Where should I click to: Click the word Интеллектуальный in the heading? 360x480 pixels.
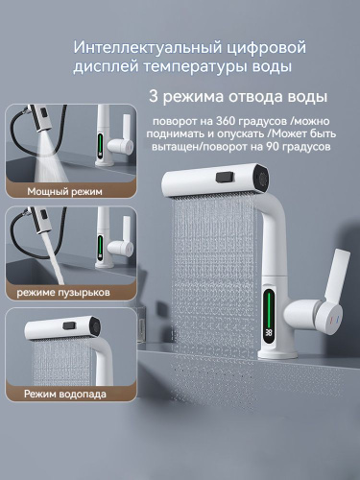[x=148, y=47]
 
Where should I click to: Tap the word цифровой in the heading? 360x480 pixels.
[x=267, y=48]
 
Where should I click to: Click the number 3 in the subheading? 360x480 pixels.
[x=154, y=96]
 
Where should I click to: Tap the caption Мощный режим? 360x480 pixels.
[x=64, y=191]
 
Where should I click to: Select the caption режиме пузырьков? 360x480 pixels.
[x=63, y=292]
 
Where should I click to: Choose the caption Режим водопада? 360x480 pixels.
[x=65, y=394]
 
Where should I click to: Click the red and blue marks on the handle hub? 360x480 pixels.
[x=334, y=321]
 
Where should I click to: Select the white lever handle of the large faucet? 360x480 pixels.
[x=336, y=276]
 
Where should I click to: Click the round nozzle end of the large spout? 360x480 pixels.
[x=263, y=178]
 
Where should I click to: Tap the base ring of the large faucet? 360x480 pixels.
[x=277, y=355]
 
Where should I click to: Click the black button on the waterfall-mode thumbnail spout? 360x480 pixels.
[x=69, y=326]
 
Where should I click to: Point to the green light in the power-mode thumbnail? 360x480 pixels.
[x=101, y=145]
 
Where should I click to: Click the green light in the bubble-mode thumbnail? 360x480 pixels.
[x=101, y=246]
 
